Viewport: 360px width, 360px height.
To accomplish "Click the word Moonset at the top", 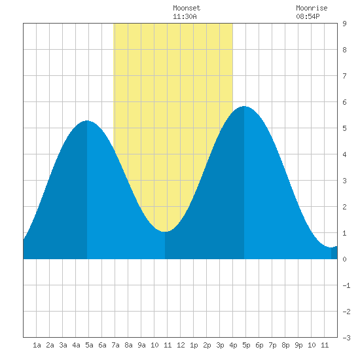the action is [x=187, y=8].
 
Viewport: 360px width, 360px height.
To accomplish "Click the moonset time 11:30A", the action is [x=185, y=16].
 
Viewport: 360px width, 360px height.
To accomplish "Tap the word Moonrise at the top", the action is [x=312, y=8].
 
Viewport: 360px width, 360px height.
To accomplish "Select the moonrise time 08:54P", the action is [x=308, y=16].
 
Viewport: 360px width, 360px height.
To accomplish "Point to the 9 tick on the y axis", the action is [x=344, y=24].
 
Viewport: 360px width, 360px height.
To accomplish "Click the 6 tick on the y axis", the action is [x=344, y=102].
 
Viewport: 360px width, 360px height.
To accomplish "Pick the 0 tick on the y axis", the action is [x=344, y=259].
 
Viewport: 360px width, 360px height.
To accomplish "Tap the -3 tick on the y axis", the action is [x=346, y=338].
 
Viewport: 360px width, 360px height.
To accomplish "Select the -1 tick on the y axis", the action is [x=346, y=285].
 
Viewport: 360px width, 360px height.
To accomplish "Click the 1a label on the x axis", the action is [x=37, y=345].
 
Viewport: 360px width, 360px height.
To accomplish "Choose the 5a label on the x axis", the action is [x=89, y=345].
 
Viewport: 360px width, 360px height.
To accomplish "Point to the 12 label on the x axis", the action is [x=181, y=345].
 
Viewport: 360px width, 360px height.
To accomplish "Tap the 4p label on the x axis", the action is [x=233, y=345].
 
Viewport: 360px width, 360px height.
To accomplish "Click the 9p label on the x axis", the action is [x=298, y=345].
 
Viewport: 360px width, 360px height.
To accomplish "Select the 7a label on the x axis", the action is [x=115, y=345].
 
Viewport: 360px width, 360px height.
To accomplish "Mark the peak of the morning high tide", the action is [x=87, y=120].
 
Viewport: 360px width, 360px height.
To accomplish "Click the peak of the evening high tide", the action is [x=244, y=106].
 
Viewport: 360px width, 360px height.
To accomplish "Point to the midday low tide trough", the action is [x=165, y=232].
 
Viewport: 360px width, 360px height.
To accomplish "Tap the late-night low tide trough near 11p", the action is [x=331, y=247].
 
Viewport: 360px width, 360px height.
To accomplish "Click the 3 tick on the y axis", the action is [x=344, y=181].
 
